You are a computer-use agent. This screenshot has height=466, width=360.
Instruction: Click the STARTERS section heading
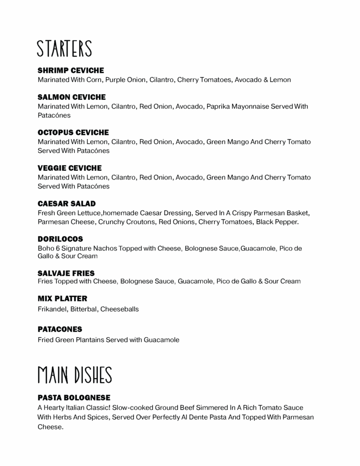[65, 49]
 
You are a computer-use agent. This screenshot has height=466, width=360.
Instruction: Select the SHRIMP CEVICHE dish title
[71, 71]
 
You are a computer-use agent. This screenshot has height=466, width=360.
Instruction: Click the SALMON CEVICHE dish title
[72, 98]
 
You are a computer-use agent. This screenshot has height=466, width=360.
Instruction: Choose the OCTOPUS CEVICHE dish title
[73, 133]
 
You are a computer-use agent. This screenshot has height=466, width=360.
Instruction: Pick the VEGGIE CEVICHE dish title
[69, 168]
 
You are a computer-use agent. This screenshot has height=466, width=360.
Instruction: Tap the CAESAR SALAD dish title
[67, 204]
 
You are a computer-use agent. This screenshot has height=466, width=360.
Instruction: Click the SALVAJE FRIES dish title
[66, 273]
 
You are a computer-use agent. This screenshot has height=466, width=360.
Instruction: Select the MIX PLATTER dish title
[62, 299]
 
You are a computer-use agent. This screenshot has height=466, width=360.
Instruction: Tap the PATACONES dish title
[60, 330]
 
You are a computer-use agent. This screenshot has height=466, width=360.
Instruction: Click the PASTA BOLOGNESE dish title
[74, 398]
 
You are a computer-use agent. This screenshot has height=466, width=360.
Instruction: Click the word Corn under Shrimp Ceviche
[94, 80]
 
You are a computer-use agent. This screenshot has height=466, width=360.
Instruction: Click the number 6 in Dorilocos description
[57, 248]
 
